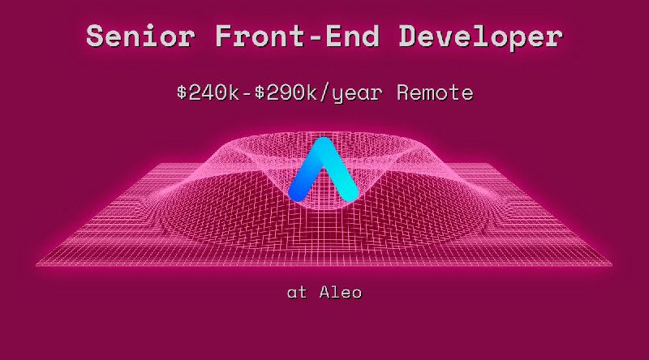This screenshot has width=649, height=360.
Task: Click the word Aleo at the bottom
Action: tap(340, 292)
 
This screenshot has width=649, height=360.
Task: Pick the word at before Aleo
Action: tap(297, 293)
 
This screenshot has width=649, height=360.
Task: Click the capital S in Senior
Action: tap(97, 36)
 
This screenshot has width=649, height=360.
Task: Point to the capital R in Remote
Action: tap(403, 92)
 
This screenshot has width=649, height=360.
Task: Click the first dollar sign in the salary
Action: tap(183, 92)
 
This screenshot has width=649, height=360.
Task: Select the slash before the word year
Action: tap(327, 92)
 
